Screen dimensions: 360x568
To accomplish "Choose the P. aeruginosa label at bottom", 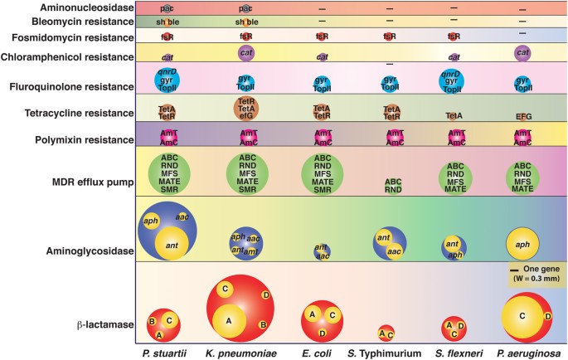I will (524, 353).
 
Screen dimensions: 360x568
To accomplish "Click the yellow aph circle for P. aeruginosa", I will (523, 244).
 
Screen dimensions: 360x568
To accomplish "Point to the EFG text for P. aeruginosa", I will (523, 117).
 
